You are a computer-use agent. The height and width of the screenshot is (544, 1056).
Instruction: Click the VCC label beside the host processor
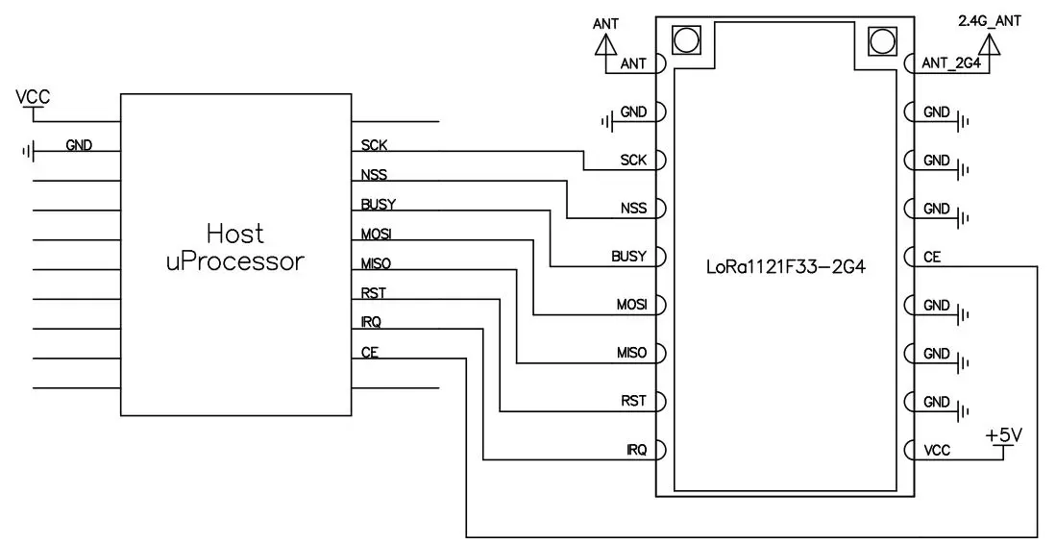pos(33,97)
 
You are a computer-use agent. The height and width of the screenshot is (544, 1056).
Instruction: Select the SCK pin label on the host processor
pos(374,146)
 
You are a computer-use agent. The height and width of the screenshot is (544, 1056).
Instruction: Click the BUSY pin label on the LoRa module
pos(628,257)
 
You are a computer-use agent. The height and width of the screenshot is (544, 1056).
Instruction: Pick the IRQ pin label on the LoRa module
pos(636,449)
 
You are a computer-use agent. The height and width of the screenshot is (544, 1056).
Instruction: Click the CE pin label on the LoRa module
pos(931,257)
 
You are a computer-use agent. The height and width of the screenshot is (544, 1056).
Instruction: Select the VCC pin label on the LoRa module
pos(937,449)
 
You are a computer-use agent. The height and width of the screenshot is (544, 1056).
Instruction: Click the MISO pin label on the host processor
pos(376,263)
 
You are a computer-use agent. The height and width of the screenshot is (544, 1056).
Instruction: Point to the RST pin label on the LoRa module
pos(634,401)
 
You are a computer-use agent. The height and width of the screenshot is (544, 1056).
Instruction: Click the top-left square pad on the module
pos(686,39)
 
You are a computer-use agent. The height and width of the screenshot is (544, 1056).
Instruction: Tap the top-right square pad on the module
pos(881,39)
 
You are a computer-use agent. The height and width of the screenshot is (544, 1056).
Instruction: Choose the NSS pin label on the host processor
pos(374,175)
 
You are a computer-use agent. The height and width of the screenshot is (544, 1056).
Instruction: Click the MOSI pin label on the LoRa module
pos(631,305)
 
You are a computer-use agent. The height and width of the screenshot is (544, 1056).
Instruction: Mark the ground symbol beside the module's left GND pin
pos(605,121)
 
